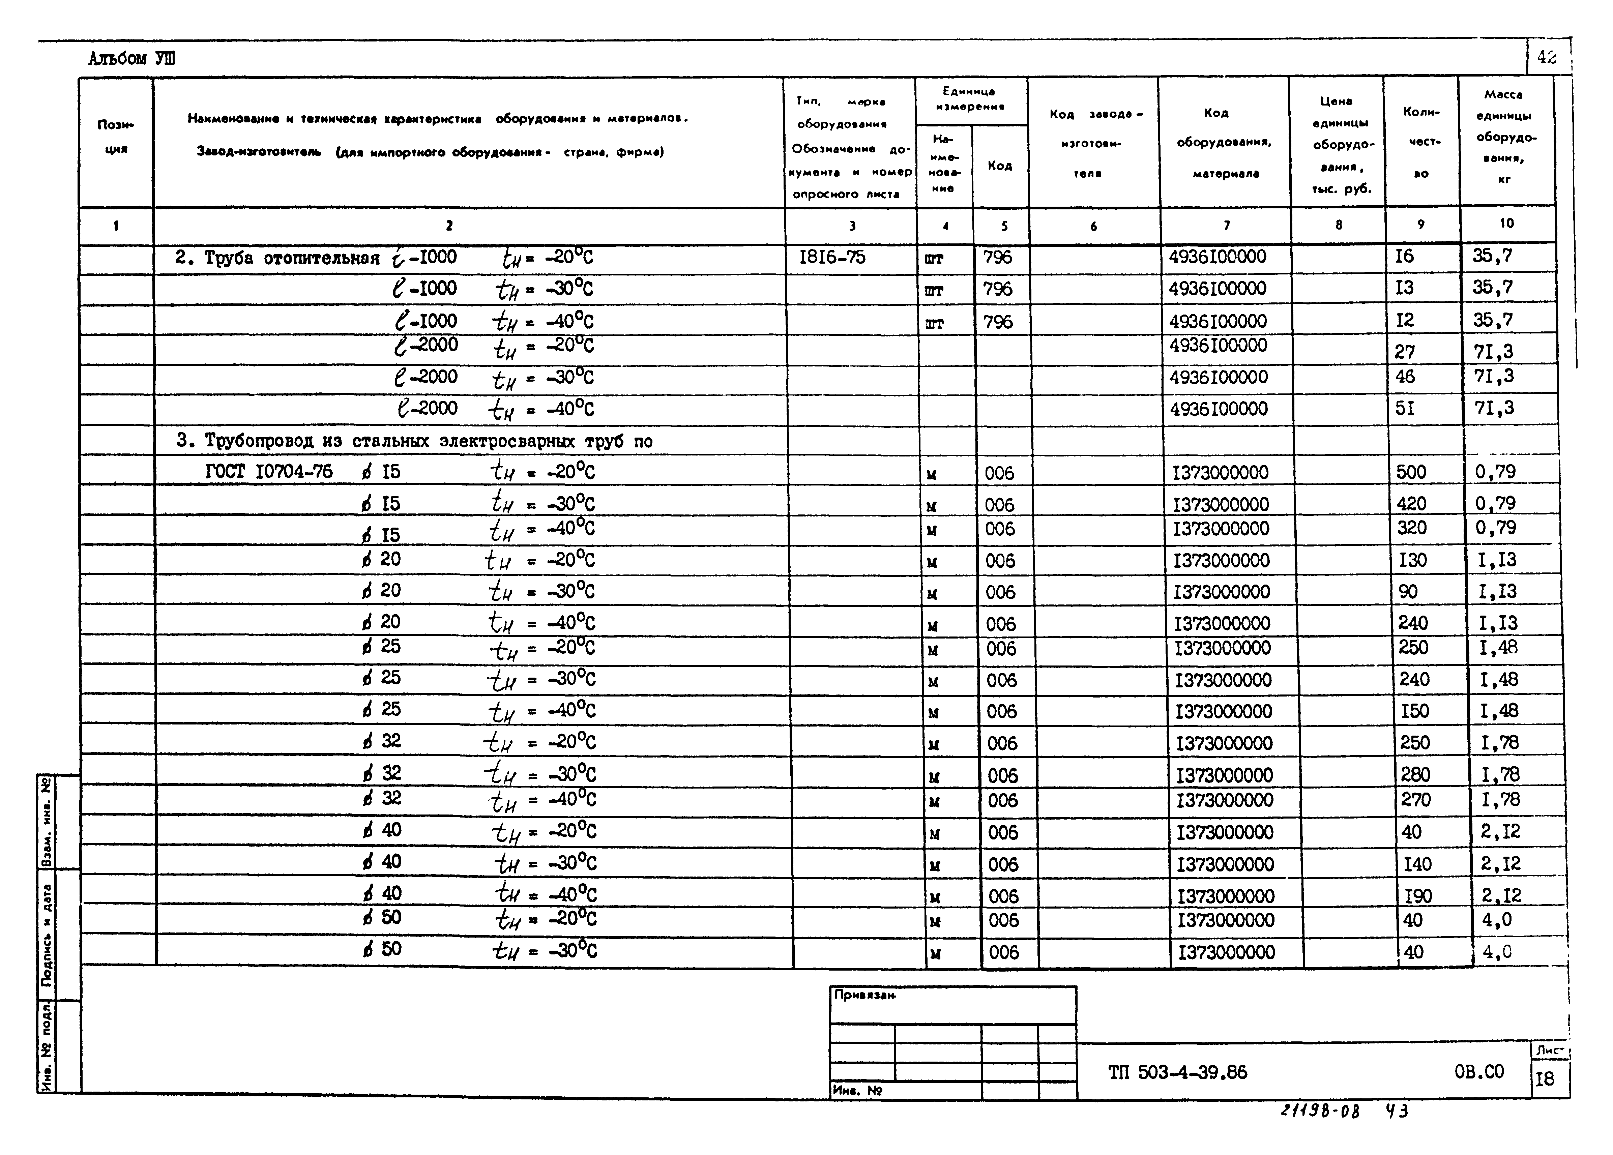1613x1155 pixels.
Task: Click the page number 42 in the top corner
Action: pyautogui.click(x=1546, y=58)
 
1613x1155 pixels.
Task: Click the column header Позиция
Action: pyautogui.click(x=115, y=137)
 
